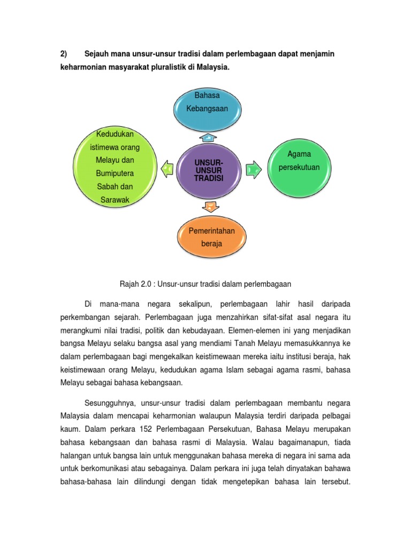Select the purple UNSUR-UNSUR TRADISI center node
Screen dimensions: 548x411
(209, 170)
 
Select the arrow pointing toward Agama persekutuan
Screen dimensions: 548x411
(252, 170)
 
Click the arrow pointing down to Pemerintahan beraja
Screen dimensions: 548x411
(210, 205)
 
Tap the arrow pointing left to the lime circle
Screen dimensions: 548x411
(166, 169)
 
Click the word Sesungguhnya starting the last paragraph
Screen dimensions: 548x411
(112, 402)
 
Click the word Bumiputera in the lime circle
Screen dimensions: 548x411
(115, 173)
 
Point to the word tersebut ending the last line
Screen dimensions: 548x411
(332, 480)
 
